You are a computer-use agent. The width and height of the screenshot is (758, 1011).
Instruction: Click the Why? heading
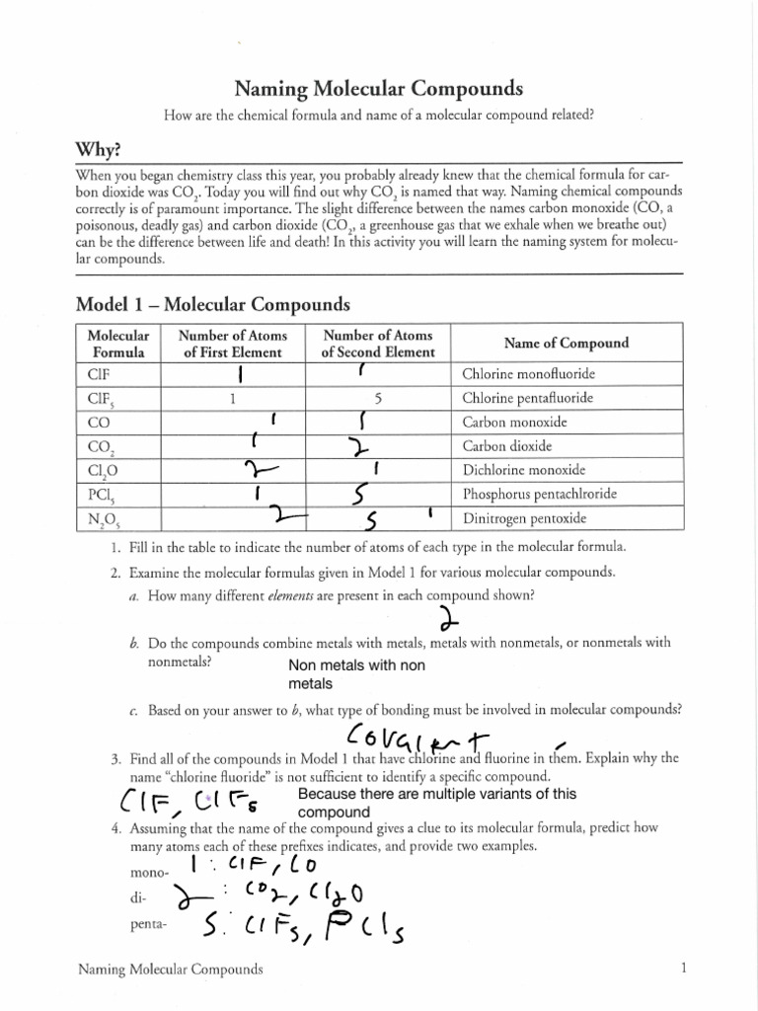click(100, 149)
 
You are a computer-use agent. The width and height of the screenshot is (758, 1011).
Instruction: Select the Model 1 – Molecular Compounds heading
click(212, 304)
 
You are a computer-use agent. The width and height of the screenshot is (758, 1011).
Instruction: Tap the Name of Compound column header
click(566, 344)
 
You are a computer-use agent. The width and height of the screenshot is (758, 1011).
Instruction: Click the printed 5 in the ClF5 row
click(378, 399)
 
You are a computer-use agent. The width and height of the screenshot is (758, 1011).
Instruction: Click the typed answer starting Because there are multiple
click(436, 803)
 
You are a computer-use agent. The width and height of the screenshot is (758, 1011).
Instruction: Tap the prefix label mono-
click(146, 874)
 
